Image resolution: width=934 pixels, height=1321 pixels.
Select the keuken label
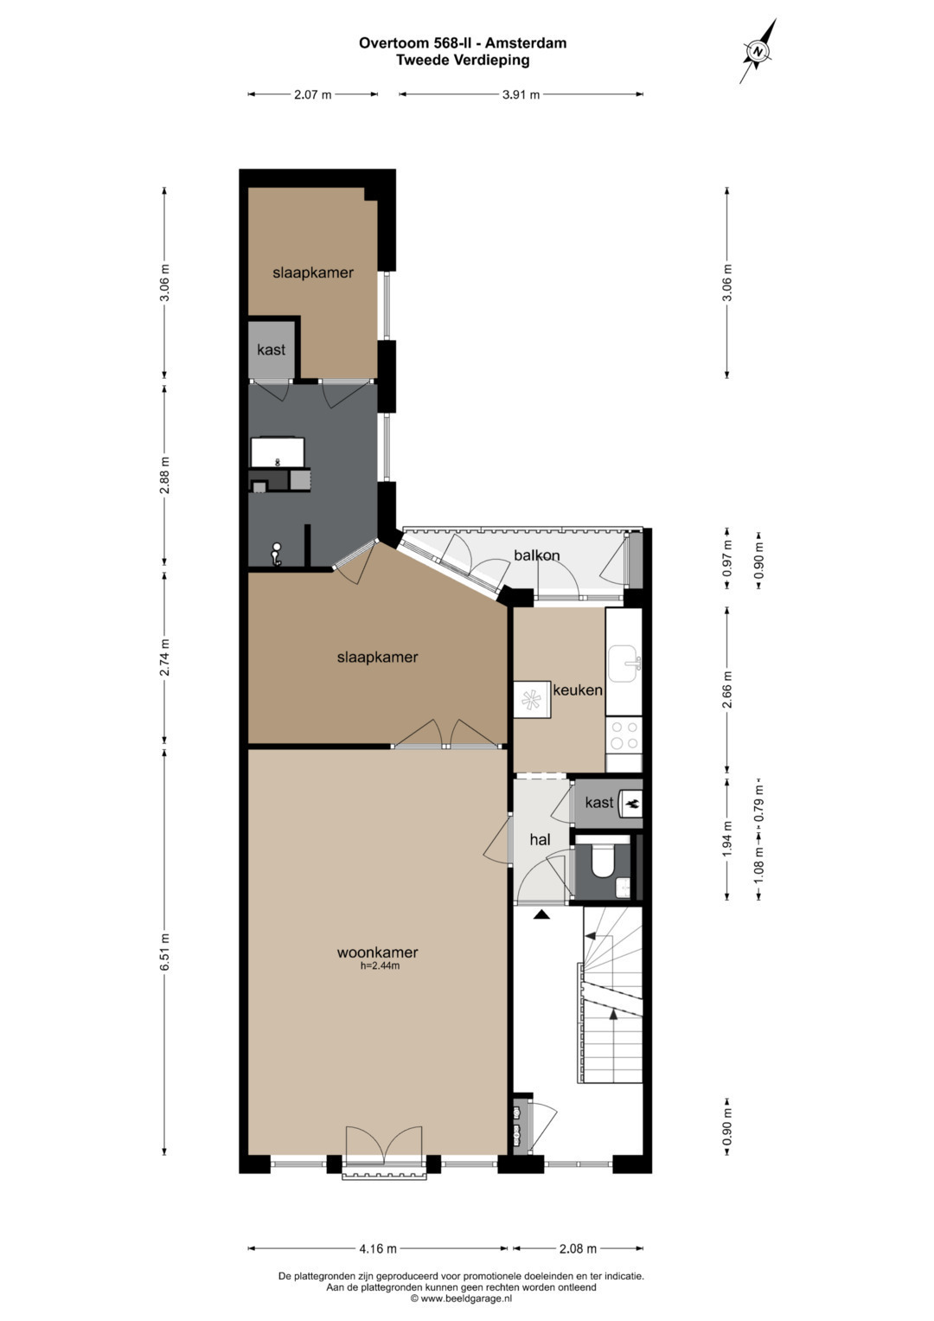[x=578, y=690]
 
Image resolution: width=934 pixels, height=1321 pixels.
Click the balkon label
[x=536, y=555]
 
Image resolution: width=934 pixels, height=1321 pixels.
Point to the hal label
[x=541, y=839]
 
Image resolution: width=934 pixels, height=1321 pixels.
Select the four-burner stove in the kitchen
[x=624, y=734]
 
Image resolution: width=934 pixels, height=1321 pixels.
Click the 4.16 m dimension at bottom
[x=377, y=1248]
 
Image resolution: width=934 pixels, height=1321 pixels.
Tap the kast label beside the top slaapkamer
[x=272, y=349]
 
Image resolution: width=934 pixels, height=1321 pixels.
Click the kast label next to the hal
[x=599, y=803]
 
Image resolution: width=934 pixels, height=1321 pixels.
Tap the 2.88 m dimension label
[x=165, y=476]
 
